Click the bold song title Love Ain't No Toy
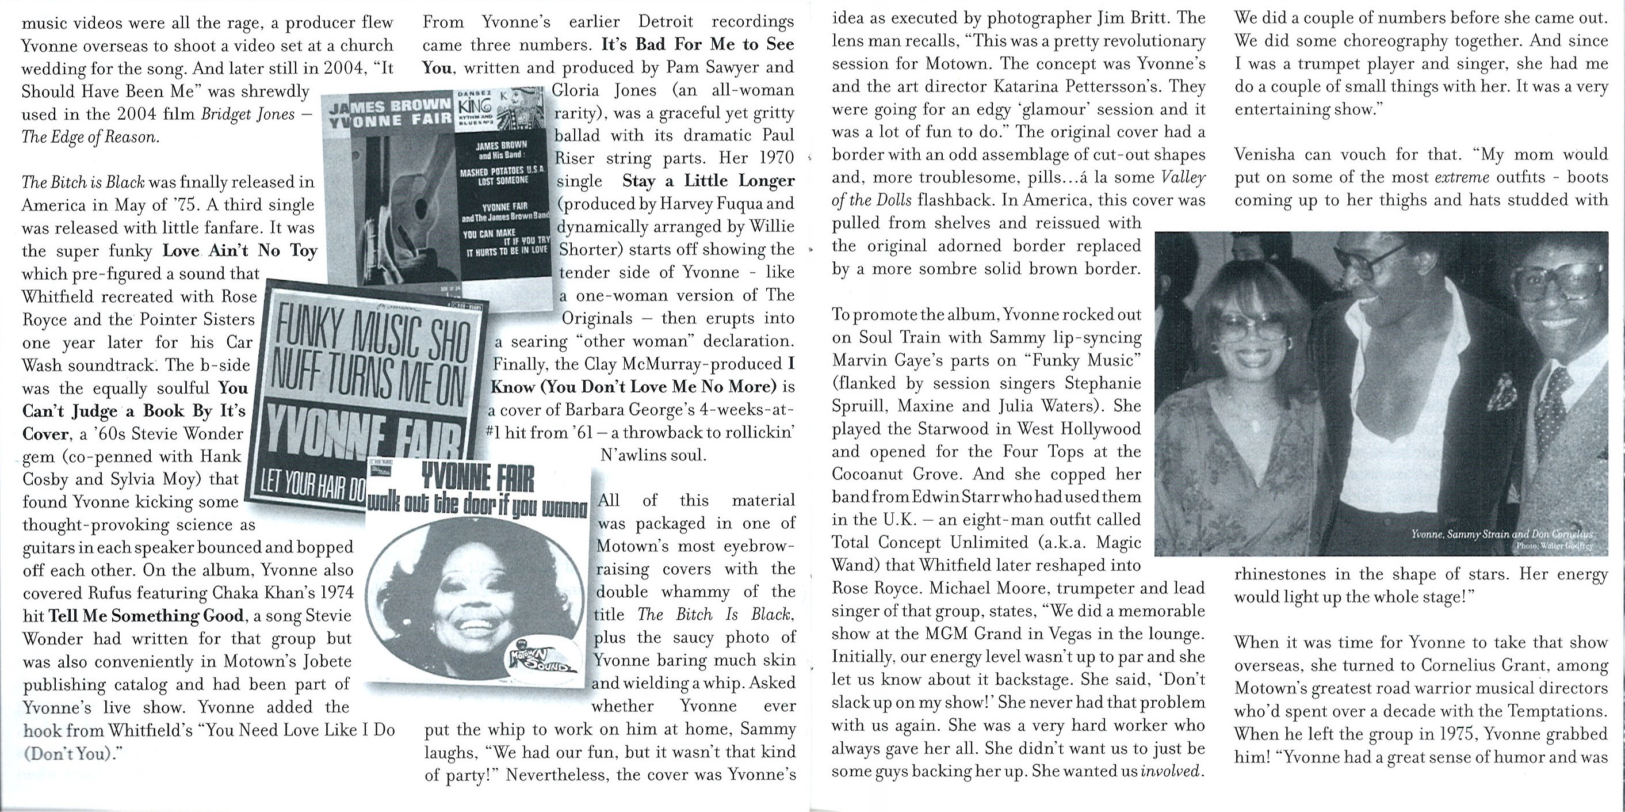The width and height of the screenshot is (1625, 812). (240, 250)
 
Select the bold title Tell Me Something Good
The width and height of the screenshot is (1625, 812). (146, 615)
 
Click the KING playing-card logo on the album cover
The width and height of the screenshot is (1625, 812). (477, 104)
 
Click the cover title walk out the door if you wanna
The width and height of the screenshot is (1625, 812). (477, 505)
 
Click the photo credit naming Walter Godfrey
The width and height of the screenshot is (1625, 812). (1554, 546)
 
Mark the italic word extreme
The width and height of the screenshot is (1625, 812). (1462, 178)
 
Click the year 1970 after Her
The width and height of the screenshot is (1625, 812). (775, 158)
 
